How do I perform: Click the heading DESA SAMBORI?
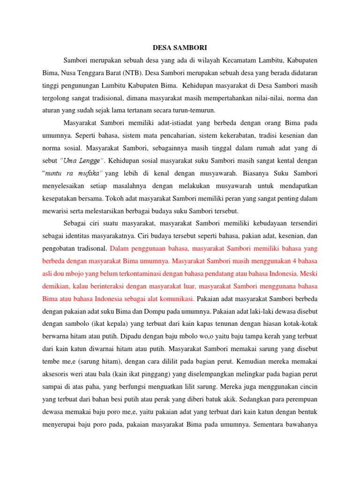(180, 48)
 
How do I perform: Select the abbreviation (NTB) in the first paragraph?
(134, 73)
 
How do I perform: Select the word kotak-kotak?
(299, 324)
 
